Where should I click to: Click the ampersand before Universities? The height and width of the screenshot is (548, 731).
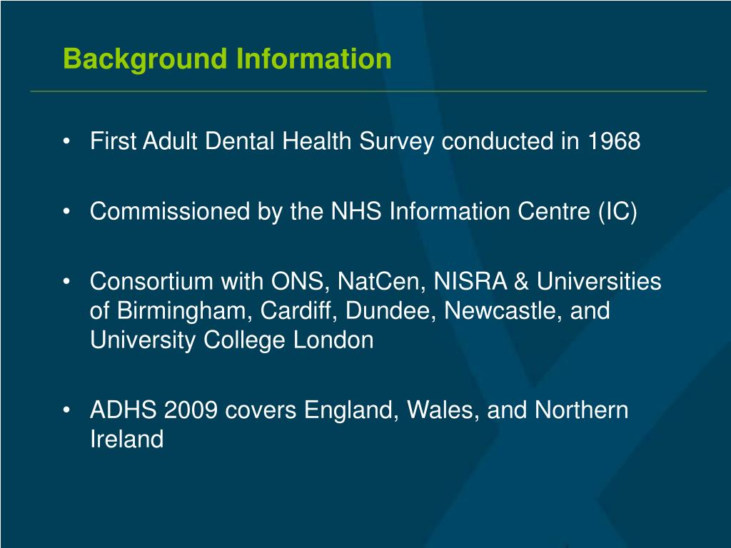coord(521,282)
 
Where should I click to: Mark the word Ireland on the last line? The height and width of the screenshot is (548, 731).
coord(126,440)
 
